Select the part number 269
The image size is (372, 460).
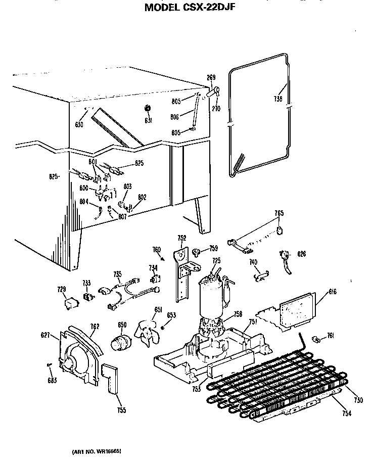pyautogui.click(x=211, y=77)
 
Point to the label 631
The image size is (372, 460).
pyautogui.click(x=148, y=121)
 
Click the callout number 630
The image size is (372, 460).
pyautogui.click(x=79, y=124)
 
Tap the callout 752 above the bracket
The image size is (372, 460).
pyautogui.click(x=181, y=238)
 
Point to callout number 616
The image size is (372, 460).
pyautogui.click(x=332, y=292)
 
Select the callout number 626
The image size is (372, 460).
pyautogui.click(x=302, y=253)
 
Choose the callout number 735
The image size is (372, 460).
pyautogui.click(x=117, y=274)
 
